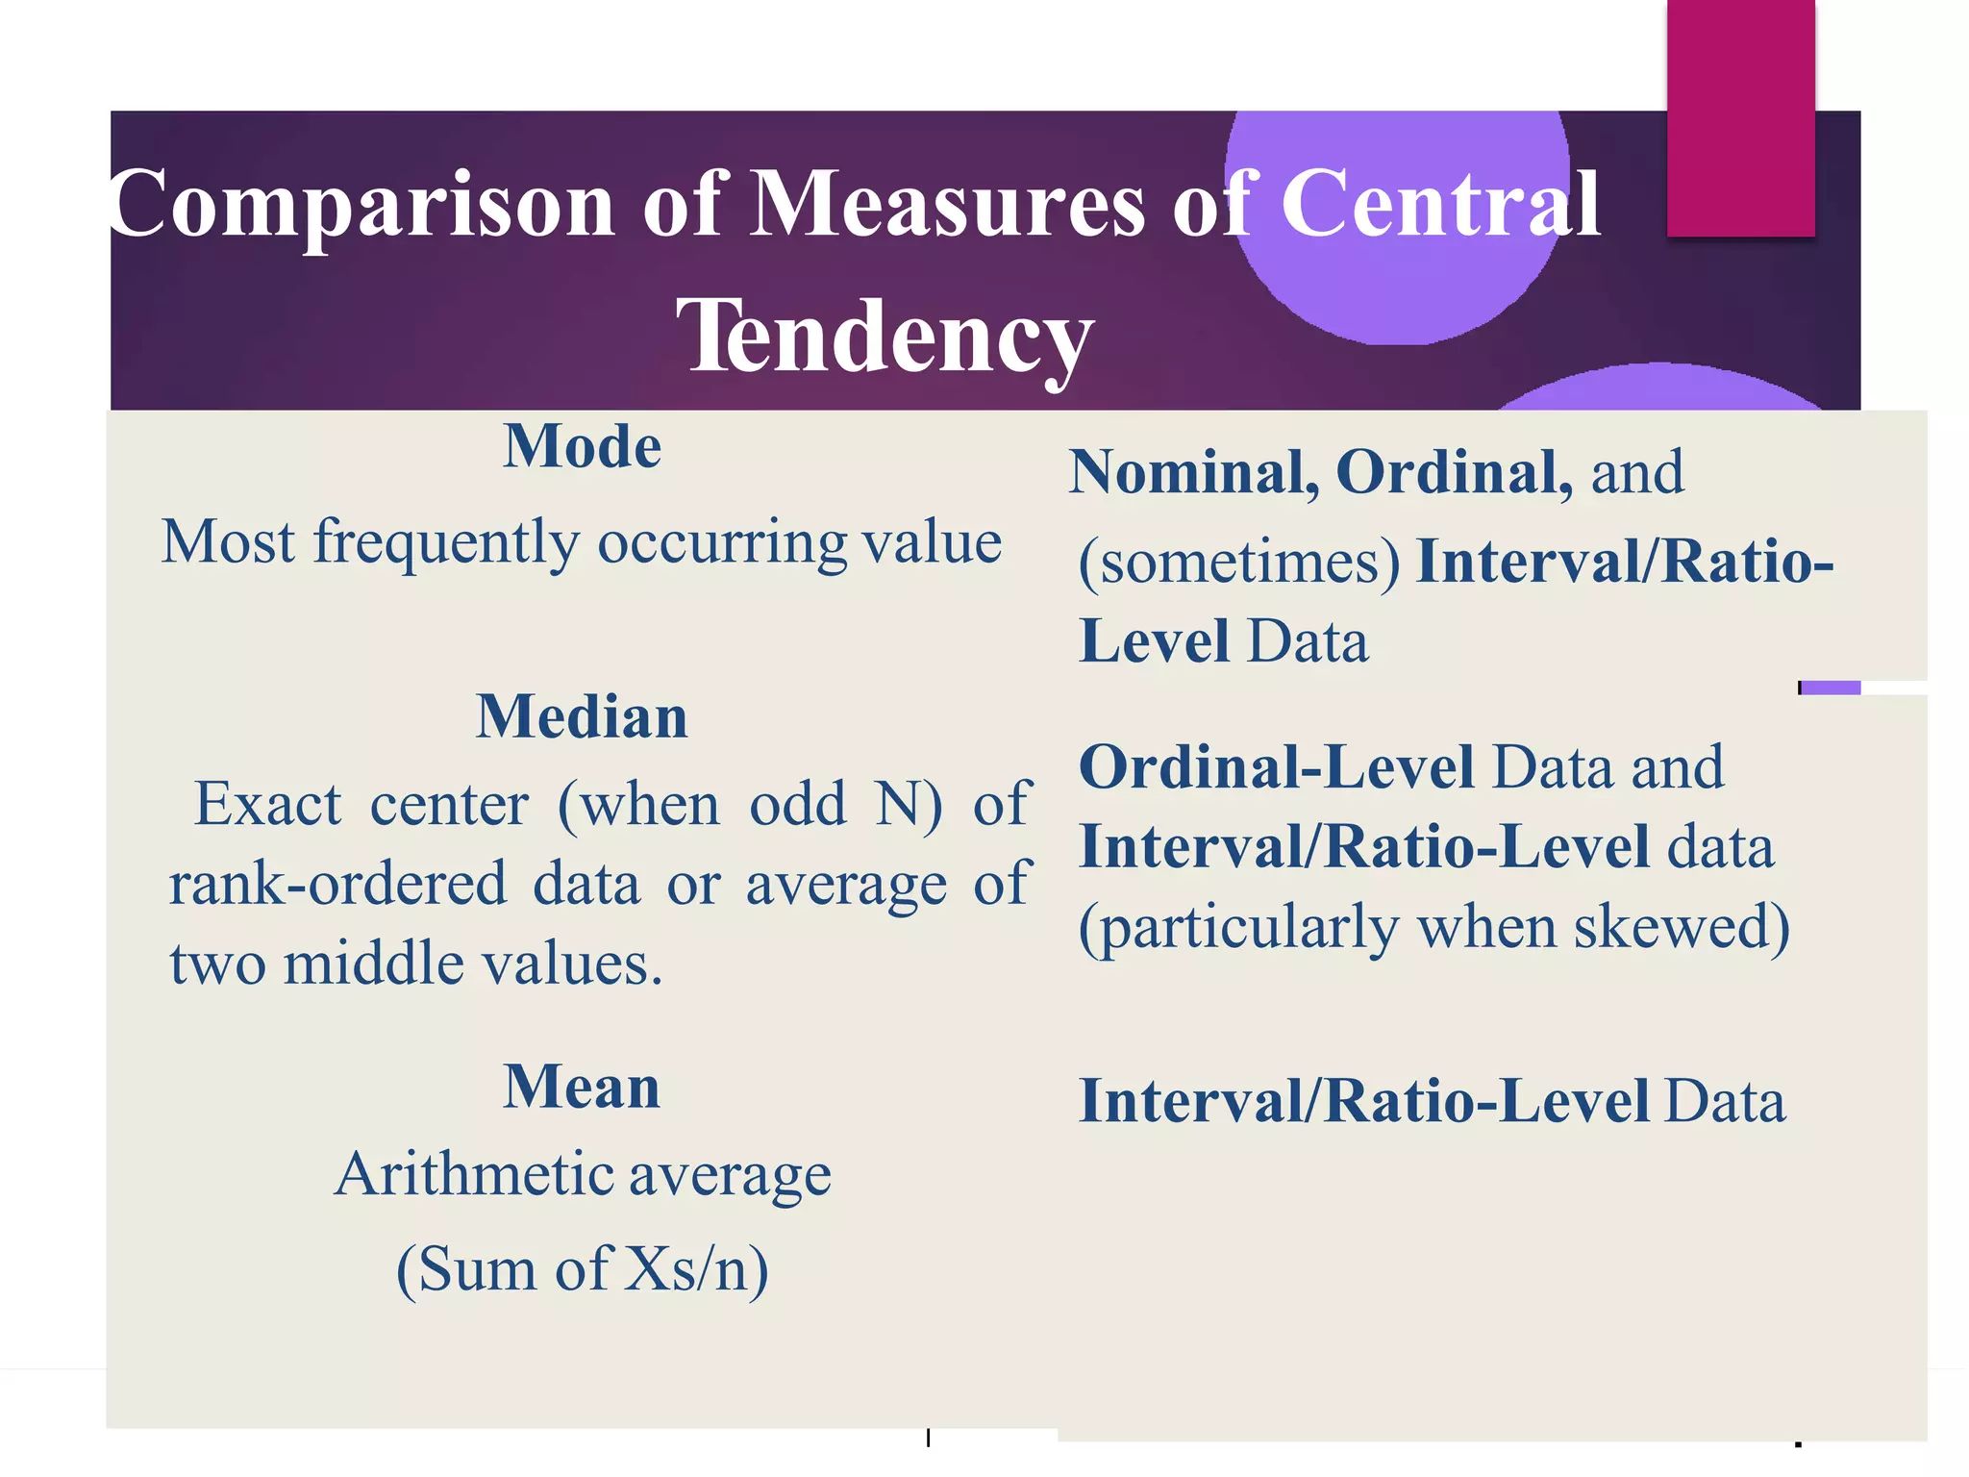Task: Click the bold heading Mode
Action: (x=583, y=446)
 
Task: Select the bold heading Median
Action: (x=583, y=717)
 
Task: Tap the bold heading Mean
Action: (x=583, y=1087)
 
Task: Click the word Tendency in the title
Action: (x=885, y=337)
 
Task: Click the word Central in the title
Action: (x=1440, y=204)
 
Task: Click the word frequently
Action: (x=447, y=543)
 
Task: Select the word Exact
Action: (x=268, y=804)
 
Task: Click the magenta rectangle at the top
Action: (x=1740, y=117)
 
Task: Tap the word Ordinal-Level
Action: (x=1277, y=767)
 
